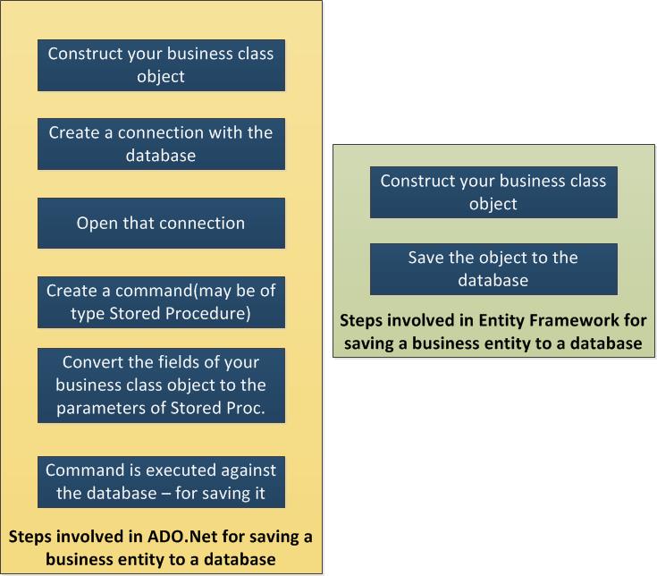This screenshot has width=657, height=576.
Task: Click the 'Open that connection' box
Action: click(x=161, y=223)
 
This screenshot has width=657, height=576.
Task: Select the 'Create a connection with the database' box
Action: click(x=161, y=144)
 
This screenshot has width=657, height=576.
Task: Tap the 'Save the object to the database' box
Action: click(x=493, y=269)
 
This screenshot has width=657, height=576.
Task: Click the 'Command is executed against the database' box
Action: click(x=161, y=482)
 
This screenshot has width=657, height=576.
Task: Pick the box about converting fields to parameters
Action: click(x=161, y=385)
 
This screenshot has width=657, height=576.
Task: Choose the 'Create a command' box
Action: click(x=161, y=302)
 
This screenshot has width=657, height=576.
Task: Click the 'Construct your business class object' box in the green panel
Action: click(x=493, y=192)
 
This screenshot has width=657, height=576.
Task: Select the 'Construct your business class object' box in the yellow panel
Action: click(x=161, y=65)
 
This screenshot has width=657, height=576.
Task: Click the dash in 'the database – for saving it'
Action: click(x=166, y=494)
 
